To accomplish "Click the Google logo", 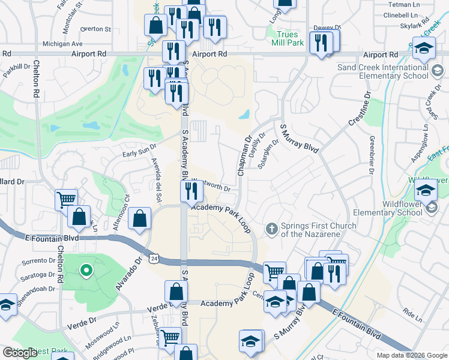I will [x=19, y=353].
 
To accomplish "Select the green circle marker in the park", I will [x=86, y=271].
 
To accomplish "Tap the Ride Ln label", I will [x=413, y=313].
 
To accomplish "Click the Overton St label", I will [x=95, y=28].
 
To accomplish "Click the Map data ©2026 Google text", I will [x=412, y=355].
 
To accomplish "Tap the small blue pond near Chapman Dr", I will [x=244, y=114].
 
